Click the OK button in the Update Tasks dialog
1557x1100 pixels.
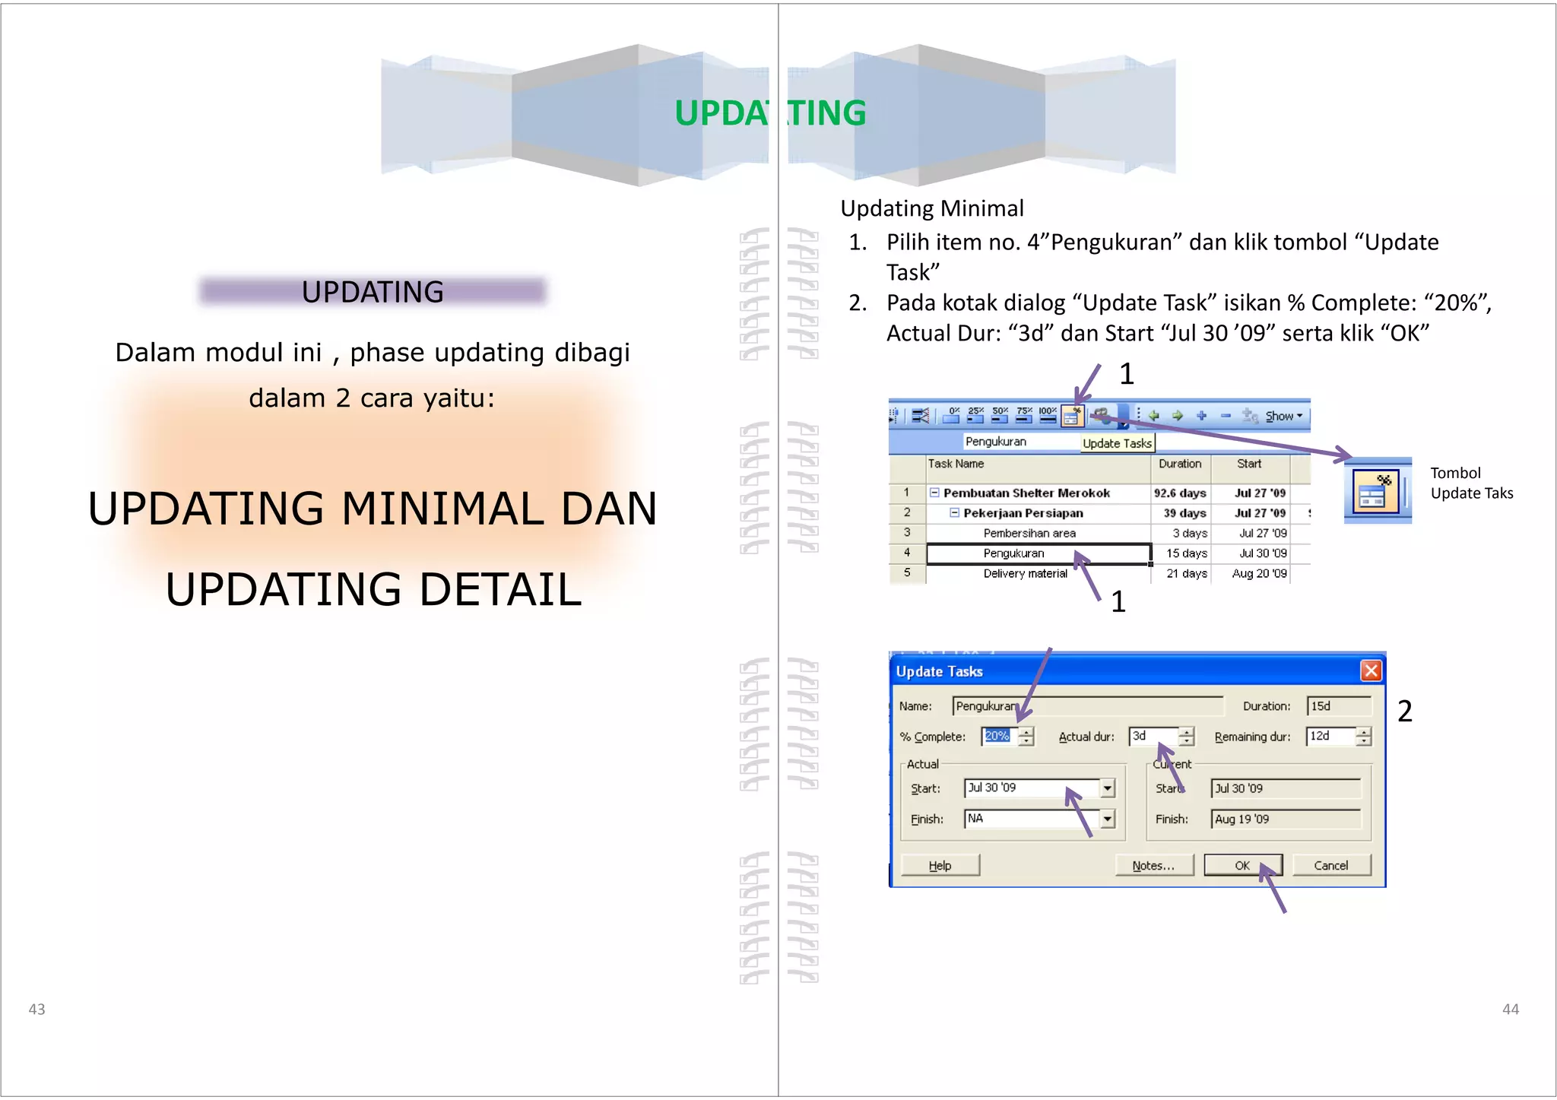[1242, 865]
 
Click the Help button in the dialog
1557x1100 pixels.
[940, 865]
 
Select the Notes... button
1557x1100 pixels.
[1153, 865]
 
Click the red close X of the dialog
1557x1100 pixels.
[1371, 670]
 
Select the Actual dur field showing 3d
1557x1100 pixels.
[1153, 736]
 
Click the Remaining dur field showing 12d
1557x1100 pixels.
[1330, 736]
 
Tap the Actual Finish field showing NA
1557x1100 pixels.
[1031, 819]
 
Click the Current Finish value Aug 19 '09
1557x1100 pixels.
[1284, 819]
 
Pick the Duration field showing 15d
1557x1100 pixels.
[1338, 706]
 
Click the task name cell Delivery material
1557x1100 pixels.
[1025, 573]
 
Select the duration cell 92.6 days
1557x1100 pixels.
[1180, 493]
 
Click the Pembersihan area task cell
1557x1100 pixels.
[1029, 533]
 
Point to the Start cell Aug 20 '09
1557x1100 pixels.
[1259, 573]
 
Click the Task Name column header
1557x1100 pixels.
[956, 464]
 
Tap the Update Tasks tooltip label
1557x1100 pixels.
[1117, 443]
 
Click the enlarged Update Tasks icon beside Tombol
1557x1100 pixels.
[1378, 491]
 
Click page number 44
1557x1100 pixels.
[1510, 1009]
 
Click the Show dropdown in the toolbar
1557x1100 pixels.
[1283, 416]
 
